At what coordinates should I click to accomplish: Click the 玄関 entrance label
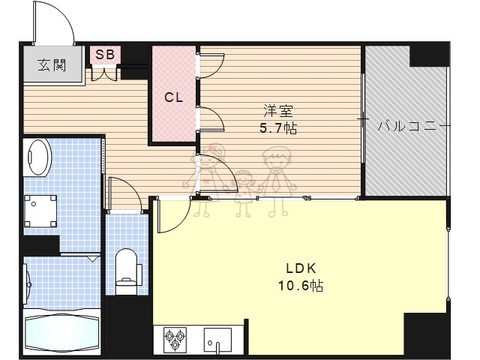pyautogui.click(x=52, y=64)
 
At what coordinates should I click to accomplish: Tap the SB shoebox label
pyautogui.click(x=104, y=55)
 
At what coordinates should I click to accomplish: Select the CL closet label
pyautogui.click(x=174, y=97)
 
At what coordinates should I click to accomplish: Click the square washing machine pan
pyautogui.click(x=41, y=211)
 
